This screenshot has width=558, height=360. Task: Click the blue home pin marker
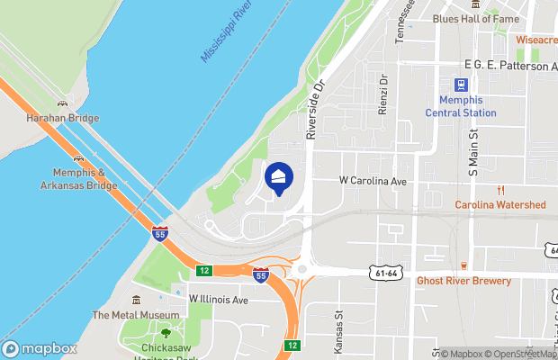[279, 177]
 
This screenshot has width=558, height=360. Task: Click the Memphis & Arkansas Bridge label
[78, 179]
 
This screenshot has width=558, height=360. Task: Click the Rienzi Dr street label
[382, 92]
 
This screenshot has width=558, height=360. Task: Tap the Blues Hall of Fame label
[475, 18]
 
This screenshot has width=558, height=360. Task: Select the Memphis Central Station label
[461, 107]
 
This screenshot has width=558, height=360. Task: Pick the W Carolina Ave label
[373, 181]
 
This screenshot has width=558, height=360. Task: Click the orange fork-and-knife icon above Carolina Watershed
[501, 190]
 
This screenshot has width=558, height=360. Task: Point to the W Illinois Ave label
[218, 300]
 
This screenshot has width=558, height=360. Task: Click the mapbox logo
[40, 348]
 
